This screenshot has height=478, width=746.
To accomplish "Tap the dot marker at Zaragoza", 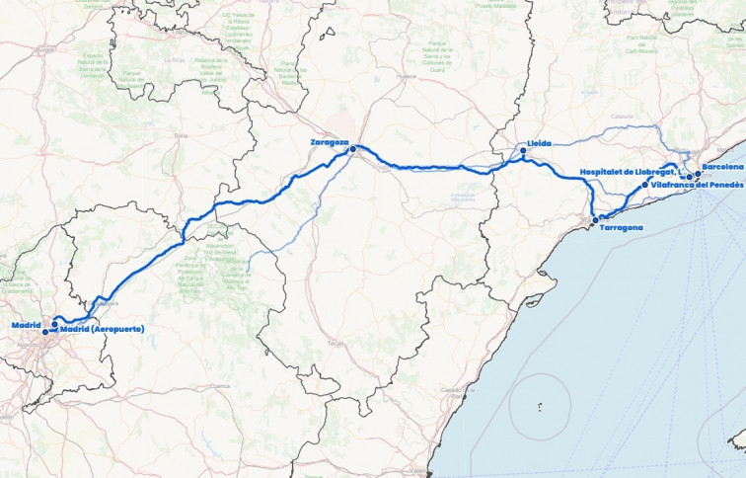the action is [x=352, y=150].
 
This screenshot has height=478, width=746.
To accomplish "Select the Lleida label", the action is [x=540, y=143].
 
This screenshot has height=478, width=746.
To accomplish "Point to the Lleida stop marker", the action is [x=524, y=151].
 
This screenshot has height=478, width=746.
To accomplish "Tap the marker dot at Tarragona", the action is [x=595, y=220].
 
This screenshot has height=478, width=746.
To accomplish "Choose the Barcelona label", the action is [x=723, y=168].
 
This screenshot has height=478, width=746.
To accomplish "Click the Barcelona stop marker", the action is [x=698, y=174].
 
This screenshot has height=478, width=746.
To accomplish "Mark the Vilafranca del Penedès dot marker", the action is [x=644, y=185].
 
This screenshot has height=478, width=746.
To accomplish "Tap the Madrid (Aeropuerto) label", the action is [x=103, y=328].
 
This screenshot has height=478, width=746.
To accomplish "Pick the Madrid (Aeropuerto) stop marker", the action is [x=54, y=324].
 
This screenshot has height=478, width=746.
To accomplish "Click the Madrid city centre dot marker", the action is [x=45, y=332].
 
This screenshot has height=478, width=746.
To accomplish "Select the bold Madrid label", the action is [x=26, y=325].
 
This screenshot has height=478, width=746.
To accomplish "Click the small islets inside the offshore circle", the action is [x=540, y=406].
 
